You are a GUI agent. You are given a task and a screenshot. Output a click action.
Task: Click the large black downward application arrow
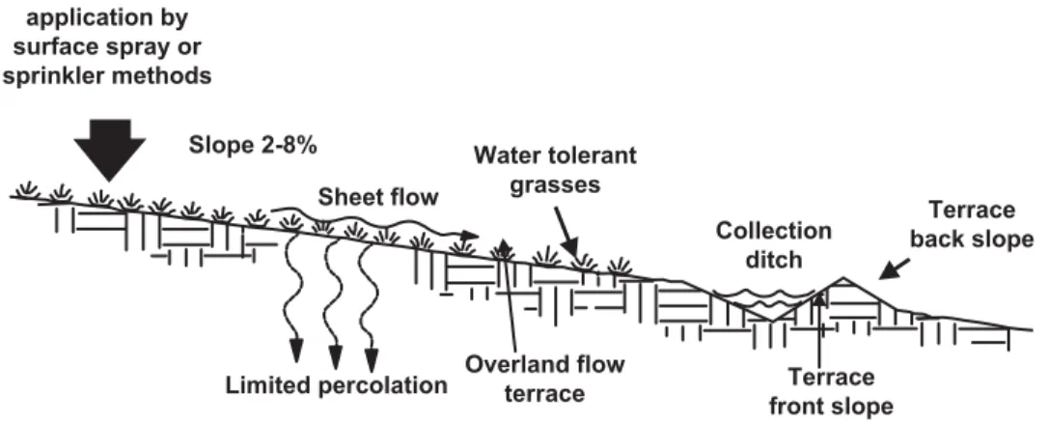(x=110, y=150)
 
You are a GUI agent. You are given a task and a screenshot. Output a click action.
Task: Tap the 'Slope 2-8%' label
(x=253, y=146)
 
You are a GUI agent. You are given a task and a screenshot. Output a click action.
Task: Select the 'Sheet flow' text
(x=378, y=197)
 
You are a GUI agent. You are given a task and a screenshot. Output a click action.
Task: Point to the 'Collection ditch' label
(x=774, y=244)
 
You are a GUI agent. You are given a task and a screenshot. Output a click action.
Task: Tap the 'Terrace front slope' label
(x=831, y=391)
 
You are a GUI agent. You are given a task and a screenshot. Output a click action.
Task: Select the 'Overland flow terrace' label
(x=544, y=379)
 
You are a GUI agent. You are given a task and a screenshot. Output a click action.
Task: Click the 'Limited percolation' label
(x=336, y=386)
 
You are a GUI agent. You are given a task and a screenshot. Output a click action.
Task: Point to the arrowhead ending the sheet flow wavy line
(x=470, y=235)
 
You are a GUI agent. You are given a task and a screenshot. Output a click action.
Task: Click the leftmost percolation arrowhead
(x=295, y=349)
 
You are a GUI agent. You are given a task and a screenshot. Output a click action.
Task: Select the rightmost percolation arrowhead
(x=372, y=350)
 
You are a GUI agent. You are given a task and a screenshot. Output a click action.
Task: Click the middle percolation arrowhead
(x=335, y=350)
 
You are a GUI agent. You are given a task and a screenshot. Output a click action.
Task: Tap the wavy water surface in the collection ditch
(x=764, y=295)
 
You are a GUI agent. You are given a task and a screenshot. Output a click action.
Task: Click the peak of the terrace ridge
(x=842, y=277)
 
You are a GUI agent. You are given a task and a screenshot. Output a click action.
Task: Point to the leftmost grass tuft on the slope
(x=27, y=190)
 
